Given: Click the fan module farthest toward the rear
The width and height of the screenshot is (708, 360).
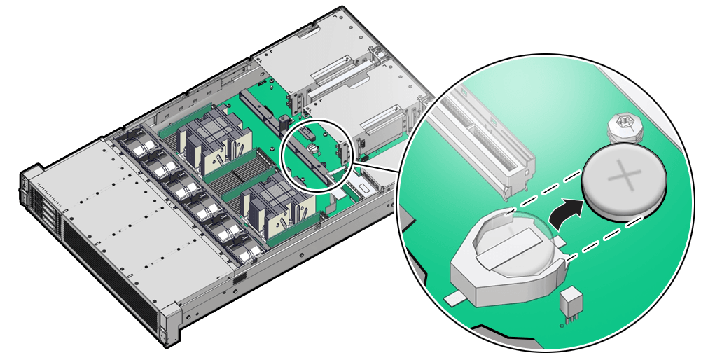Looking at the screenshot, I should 137,144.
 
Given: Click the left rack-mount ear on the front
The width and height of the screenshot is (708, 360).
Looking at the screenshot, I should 28,189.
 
